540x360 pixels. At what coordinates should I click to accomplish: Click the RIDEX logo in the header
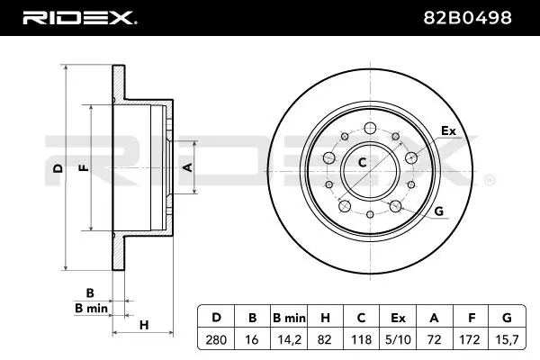(x=78, y=16)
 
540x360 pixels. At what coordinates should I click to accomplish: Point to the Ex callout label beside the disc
(x=448, y=132)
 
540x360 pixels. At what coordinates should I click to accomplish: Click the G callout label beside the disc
(x=439, y=211)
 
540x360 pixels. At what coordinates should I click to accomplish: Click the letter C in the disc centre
(x=363, y=162)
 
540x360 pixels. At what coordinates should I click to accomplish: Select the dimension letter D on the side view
(x=57, y=168)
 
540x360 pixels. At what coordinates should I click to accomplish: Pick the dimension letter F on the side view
(x=83, y=168)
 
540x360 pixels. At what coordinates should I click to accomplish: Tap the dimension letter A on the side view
(x=187, y=167)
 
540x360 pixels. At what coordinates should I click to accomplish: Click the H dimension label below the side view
(x=144, y=324)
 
